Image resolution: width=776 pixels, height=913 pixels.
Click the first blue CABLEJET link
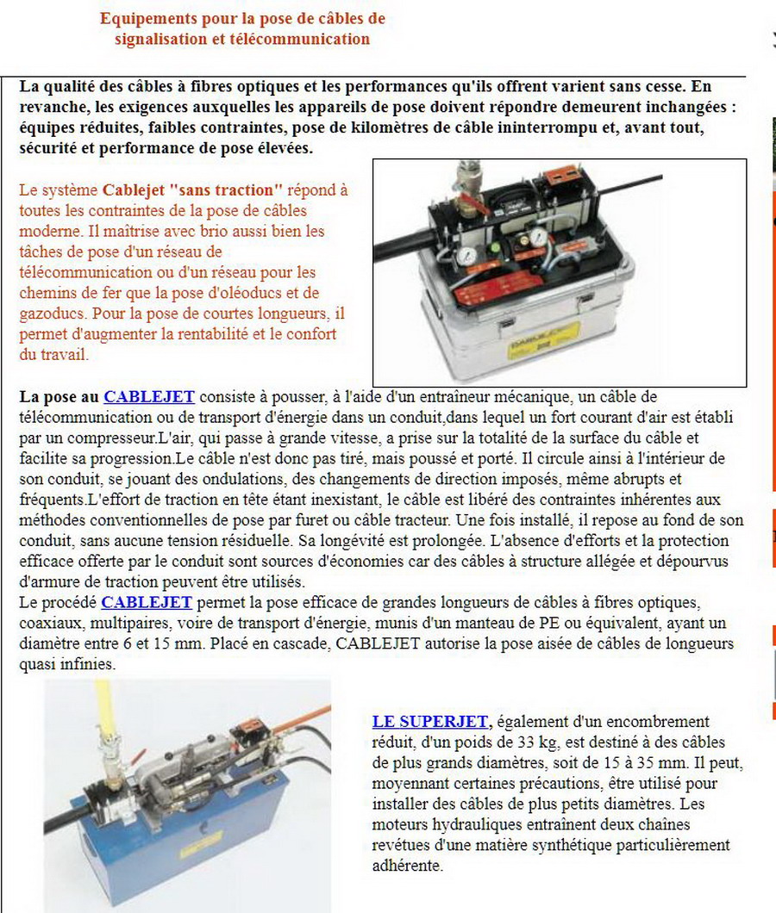[148, 397]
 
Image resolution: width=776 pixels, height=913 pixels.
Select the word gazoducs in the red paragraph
[47, 313]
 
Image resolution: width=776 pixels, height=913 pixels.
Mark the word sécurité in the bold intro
[48, 148]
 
